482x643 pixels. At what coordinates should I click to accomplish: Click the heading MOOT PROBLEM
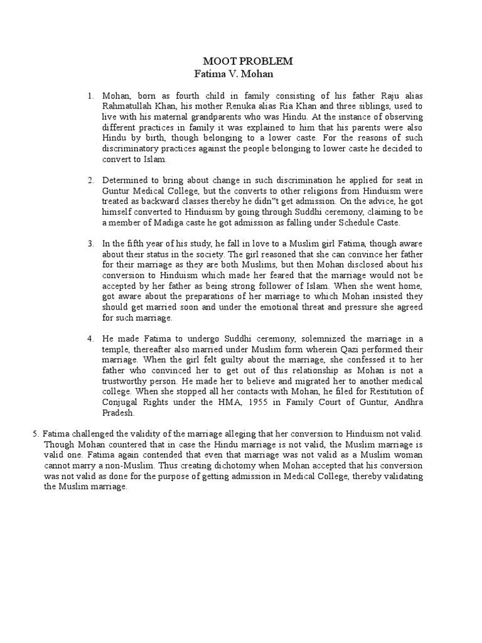248,61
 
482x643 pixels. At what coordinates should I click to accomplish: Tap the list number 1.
90,95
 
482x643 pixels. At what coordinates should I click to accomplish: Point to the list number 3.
90,243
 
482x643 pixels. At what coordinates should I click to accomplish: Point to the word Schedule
354,223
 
